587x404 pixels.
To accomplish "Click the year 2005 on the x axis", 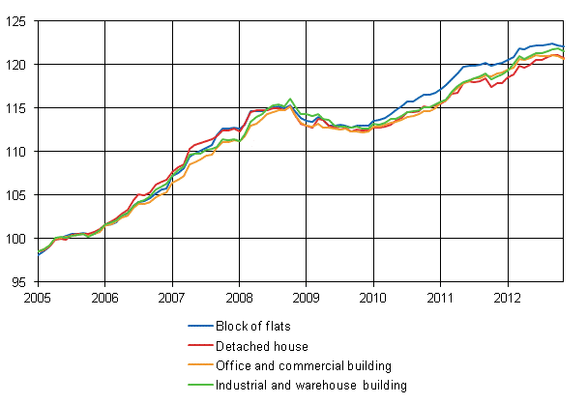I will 38,299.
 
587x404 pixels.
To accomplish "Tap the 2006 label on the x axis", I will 104,299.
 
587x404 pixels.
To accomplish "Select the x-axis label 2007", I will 172,299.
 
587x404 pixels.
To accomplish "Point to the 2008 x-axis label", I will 239,299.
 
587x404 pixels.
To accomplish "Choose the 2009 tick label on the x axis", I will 307,299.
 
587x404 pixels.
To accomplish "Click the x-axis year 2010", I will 373,299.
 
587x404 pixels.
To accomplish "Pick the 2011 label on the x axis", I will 441,299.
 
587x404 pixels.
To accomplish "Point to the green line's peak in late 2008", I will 290,99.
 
